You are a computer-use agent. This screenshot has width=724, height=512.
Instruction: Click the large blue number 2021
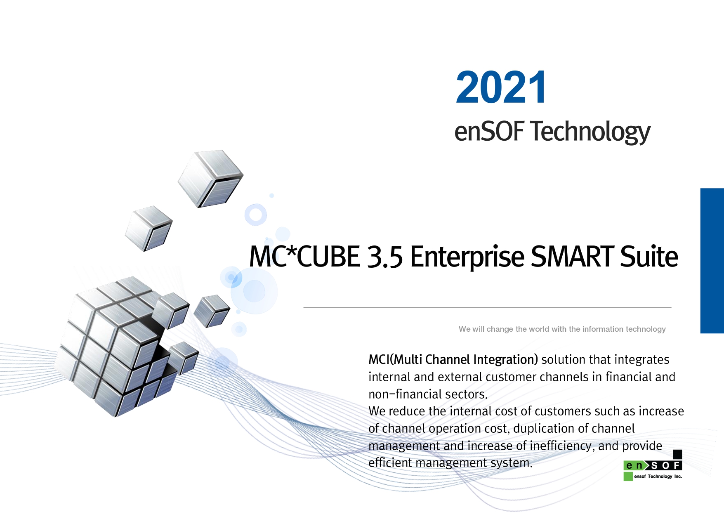pos(501,87)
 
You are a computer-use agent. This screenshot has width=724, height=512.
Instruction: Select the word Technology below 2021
pos(590,132)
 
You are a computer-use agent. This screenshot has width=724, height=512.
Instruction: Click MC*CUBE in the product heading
pos(304,256)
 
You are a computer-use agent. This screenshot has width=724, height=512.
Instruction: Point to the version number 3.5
pos(384,257)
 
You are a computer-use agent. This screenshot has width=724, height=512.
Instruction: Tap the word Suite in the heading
pos(649,256)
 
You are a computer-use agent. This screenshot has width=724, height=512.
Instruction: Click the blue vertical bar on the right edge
pos(712,261)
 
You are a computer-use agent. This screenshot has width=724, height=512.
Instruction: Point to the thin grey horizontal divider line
pos(487,307)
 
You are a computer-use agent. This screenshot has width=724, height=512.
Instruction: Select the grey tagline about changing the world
pos(562,329)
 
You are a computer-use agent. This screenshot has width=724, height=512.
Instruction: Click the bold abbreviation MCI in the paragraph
pos(379,359)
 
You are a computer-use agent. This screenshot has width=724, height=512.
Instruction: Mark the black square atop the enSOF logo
pos(677,455)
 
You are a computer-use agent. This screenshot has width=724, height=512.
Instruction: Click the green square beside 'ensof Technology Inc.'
pos(628,476)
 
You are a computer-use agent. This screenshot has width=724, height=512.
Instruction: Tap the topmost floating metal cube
pos(210,178)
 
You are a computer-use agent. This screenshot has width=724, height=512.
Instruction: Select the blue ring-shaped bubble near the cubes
pos(256,215)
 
